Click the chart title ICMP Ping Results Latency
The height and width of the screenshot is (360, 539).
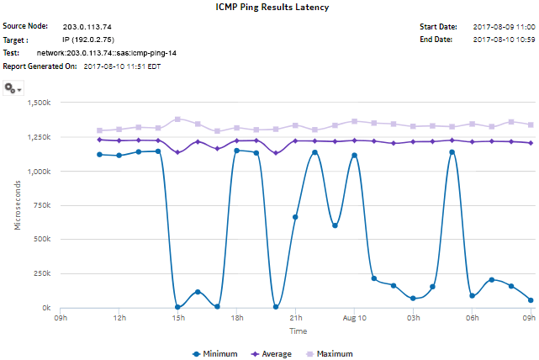coord(269,8)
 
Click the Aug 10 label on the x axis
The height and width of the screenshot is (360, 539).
coord(354,319)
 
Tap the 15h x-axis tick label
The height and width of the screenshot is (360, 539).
coord(177,319)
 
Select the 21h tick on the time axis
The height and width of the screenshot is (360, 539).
coord(295,319)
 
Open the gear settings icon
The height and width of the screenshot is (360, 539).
coord(13,87)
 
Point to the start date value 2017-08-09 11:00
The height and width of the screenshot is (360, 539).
coord(503,27)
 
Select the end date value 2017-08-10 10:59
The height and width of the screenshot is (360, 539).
coord(503,40)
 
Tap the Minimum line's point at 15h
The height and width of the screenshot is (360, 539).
coord(177,307)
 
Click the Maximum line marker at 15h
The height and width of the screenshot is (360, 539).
coord(177,119)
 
